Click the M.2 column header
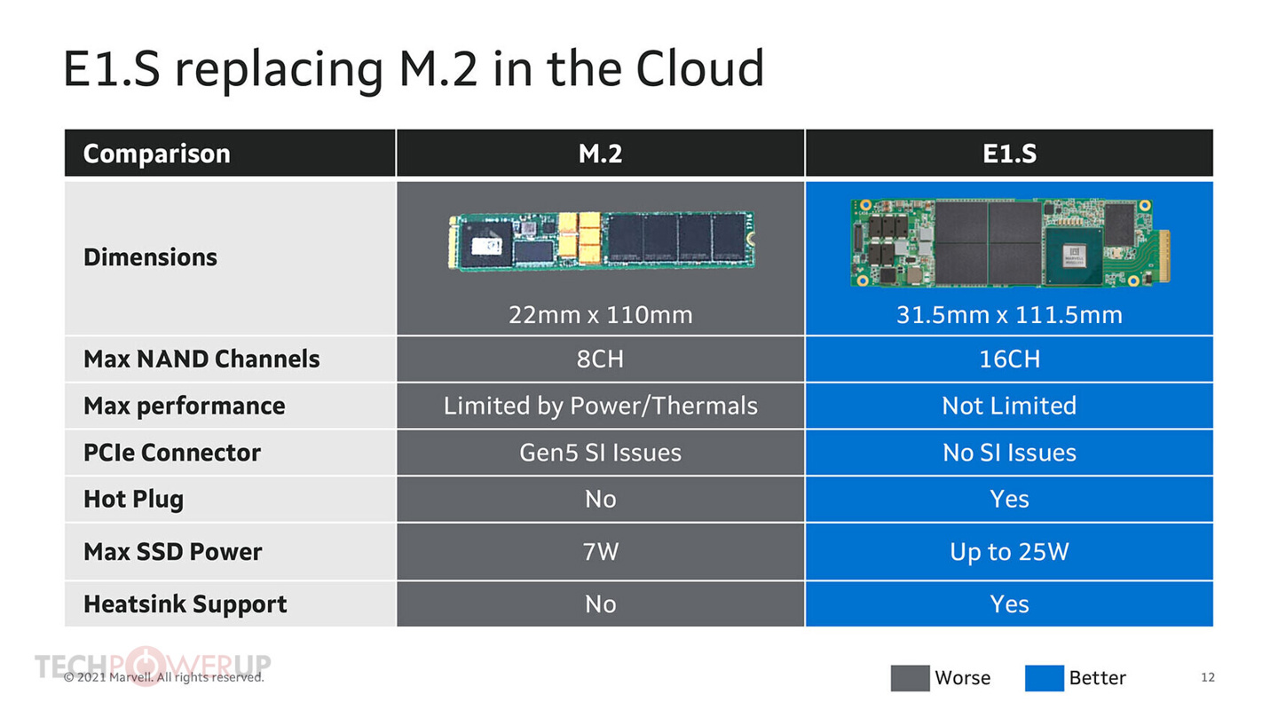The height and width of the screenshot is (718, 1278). (x=600, y=154)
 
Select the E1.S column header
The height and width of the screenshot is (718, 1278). (x=1009, y=154)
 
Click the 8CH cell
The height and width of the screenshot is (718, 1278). (x=600, y=359)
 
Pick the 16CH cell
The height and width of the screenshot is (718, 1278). (x=1009, y=359)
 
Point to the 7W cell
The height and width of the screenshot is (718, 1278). (x=600, y=551)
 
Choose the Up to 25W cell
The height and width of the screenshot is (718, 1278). (x=1009, y=551)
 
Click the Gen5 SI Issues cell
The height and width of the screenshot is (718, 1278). (x=600, y=453)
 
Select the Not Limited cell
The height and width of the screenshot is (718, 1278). (x=1009, y=406)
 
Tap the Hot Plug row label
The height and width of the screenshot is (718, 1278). (x=133, y=499)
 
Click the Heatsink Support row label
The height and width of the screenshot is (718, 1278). (x=185, y=604)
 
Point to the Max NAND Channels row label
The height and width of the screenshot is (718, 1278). (x=201, y=359)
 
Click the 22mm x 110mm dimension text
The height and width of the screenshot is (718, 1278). (x=600, y=314)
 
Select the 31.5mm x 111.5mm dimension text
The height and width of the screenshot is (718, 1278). (x=1009, y=314)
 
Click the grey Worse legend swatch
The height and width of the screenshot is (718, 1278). (x=910, y=678)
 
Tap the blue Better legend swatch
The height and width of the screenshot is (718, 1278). (x=1044, y=678)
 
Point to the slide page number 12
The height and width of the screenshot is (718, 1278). (x=1207, y=677)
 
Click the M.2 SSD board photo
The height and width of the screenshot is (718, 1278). (x=601, y=240)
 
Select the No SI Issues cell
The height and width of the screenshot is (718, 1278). (x=1009, y=453)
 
